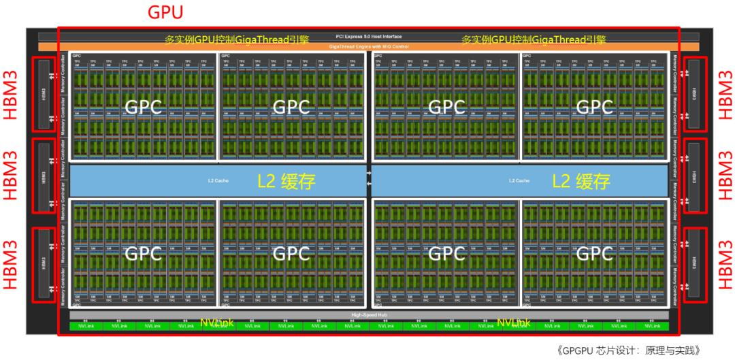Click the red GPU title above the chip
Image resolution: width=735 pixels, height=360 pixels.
tap(165, 12)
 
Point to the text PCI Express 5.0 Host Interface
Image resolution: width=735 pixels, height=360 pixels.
tap(368, 36)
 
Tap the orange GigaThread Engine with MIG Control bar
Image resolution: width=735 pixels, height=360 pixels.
tap(368, 46)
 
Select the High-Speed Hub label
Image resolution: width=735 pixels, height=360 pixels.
tap(368, 315)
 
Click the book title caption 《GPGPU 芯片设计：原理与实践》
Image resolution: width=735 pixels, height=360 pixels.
tap(629, 350)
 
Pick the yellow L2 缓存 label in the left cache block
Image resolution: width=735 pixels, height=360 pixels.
tap(287, 181)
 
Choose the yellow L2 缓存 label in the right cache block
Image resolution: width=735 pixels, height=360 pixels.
tap(581, 181)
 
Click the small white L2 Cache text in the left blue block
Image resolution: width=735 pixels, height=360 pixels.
tap(216, 181)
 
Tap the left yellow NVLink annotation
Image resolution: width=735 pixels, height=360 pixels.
tap(216, 322)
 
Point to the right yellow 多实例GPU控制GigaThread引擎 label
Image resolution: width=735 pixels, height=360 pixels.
tap(534, 39)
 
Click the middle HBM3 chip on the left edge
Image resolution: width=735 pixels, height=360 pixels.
tap(43, 178)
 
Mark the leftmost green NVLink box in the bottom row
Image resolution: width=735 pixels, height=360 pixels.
tap(87, 327)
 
